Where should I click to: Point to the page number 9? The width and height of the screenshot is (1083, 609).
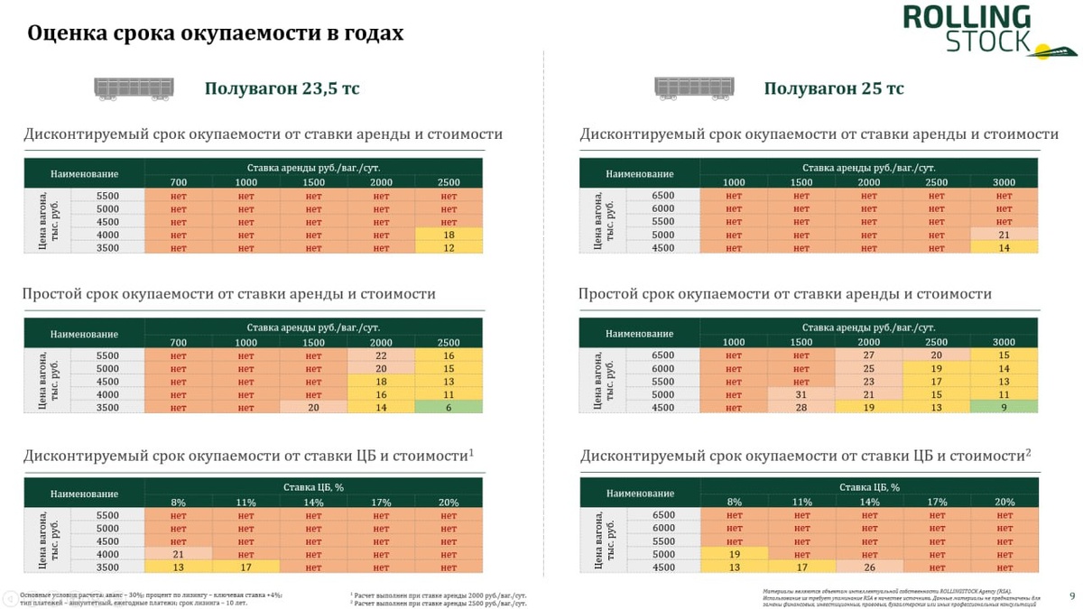point(1072,595)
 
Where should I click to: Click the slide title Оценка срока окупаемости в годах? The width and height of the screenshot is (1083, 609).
point(216,33)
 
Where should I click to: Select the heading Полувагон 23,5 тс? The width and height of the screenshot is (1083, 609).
point(282,88)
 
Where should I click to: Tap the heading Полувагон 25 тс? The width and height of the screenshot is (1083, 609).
point(834,88)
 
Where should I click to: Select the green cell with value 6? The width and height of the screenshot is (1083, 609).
point(449,408)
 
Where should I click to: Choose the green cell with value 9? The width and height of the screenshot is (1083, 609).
point(1004,408)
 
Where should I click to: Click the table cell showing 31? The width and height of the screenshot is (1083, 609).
point(801,394)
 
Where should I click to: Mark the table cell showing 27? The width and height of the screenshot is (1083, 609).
point(868,355)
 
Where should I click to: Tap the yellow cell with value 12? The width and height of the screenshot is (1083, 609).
point(449,248)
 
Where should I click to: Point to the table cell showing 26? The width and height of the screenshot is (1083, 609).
point(868,567)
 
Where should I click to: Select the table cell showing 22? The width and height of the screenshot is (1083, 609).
point(381,355)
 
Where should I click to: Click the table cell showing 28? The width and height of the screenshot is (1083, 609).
point(801,408)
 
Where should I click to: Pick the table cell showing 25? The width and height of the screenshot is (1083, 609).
point(868,368)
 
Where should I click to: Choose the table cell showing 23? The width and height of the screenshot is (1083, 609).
point(868,382)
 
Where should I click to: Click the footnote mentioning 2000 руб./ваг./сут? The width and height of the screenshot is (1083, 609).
point(439,595)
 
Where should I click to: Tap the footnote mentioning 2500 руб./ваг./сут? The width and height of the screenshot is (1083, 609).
point(439,603)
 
